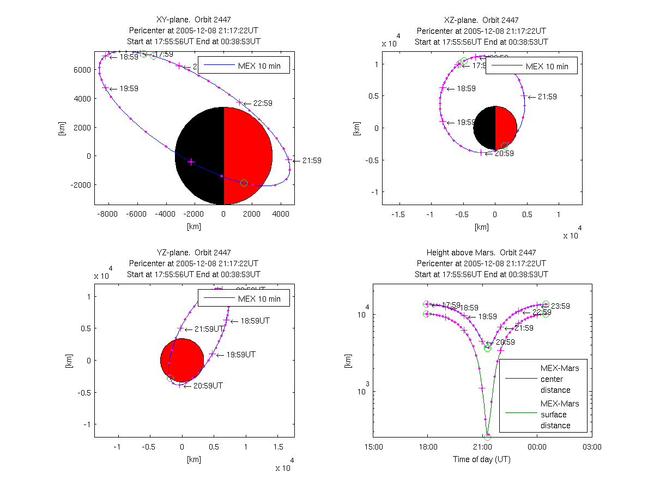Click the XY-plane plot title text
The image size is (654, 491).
tap(193, 20)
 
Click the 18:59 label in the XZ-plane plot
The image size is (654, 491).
tap(467, 88)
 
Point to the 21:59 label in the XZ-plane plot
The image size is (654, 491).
tap(547, 97)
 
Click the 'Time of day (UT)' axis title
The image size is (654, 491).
tap(482, 459)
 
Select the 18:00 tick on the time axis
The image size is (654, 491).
tap(428, 446)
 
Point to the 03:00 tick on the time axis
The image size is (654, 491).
tap(592, 446)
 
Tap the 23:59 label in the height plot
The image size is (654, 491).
tap(560, 306)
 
